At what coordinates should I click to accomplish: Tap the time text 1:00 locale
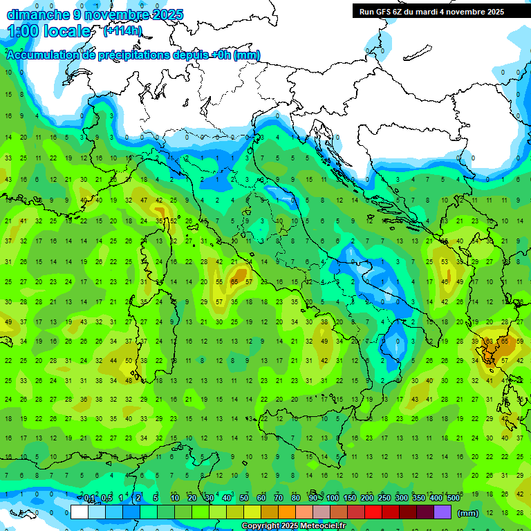coord(48,31)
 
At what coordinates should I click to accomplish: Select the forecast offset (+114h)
coord(122,30)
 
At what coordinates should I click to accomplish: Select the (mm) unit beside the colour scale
coord(468,513)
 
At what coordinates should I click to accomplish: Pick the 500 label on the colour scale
coord(453,499)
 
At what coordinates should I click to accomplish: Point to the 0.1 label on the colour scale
coord(89,499)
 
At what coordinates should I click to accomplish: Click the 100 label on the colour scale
coord(332,499)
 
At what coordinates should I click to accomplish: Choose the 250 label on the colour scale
coord(384,499)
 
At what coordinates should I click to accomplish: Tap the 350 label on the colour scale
coord(418,499)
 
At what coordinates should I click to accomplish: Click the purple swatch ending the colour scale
coord(443,512)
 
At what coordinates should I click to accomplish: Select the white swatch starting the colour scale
coord(80,512)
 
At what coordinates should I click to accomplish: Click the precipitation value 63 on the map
coord(490,341)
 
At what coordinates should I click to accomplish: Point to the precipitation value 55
coord(219,282)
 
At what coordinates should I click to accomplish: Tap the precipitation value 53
coord(445,262)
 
